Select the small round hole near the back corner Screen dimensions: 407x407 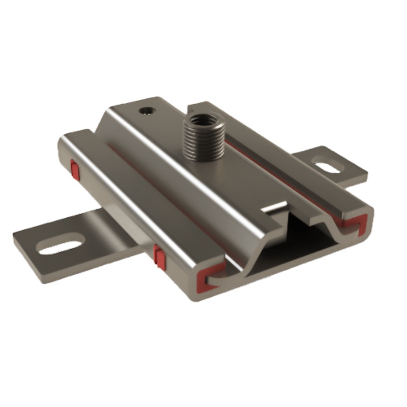click(147, 110)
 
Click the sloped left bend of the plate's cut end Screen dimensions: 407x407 click(254, 257)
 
